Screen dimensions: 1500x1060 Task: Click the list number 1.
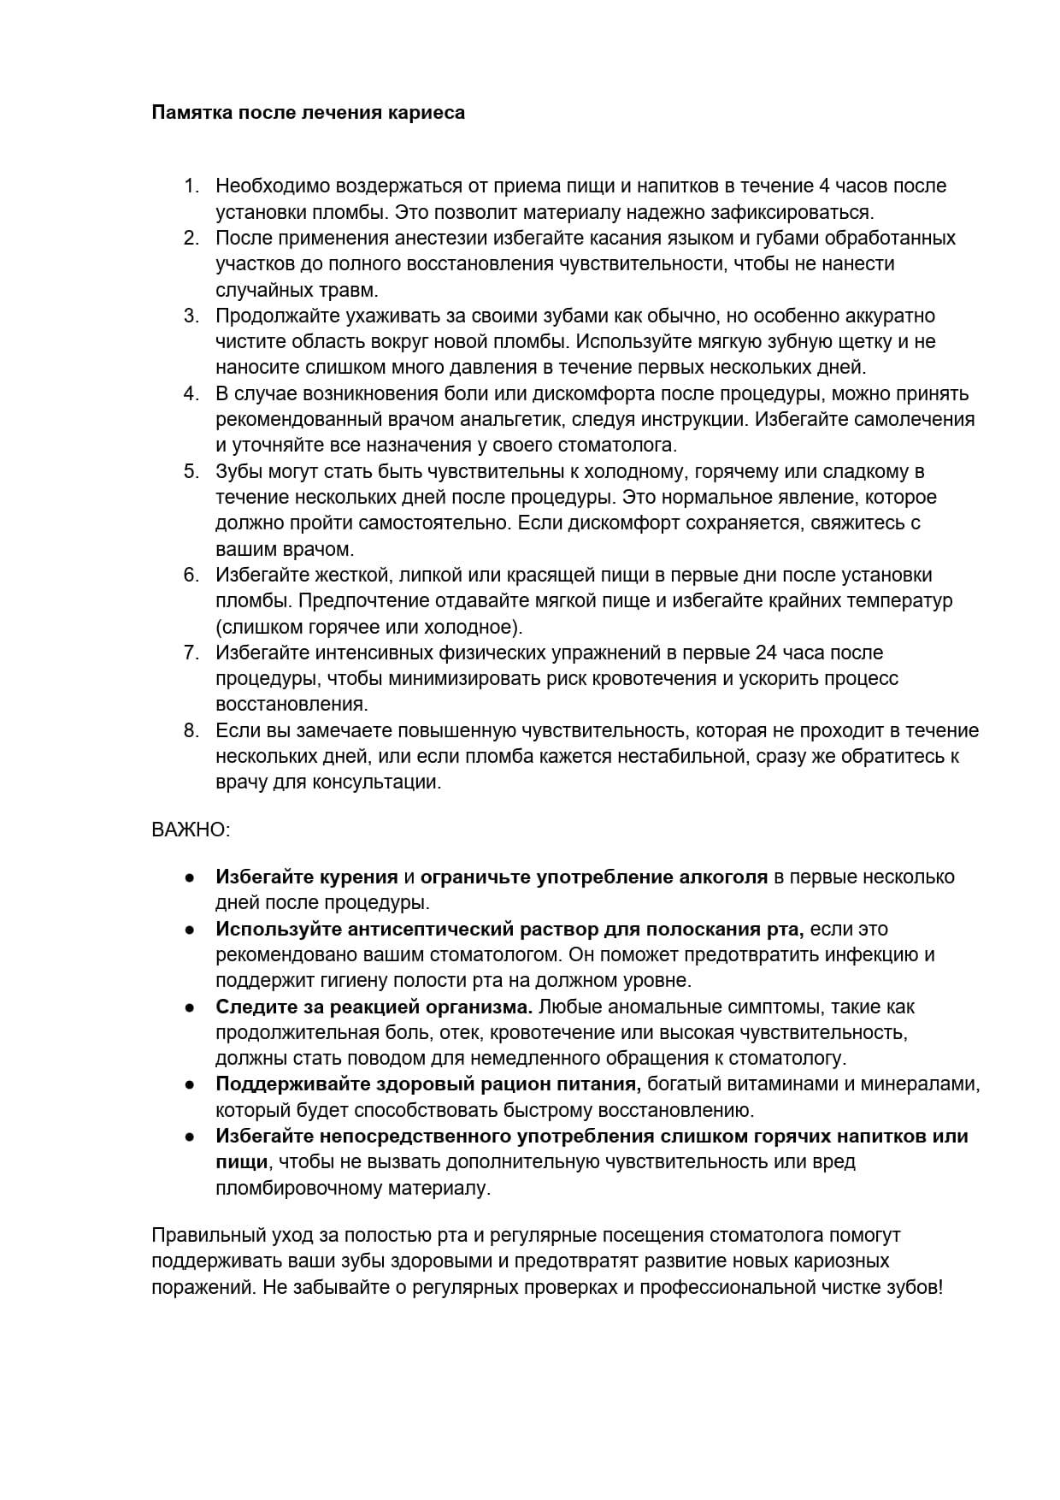click(191, 186)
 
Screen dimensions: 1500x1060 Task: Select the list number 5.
click(191, 472)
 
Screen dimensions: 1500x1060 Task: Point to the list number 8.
click(191, 731)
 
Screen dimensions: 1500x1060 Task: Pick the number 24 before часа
click(766, 653)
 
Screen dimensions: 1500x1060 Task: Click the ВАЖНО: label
click(191, 830)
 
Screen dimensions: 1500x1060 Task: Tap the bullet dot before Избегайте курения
click(190, 877)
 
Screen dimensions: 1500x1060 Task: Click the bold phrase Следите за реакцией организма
click(374, 1007)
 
